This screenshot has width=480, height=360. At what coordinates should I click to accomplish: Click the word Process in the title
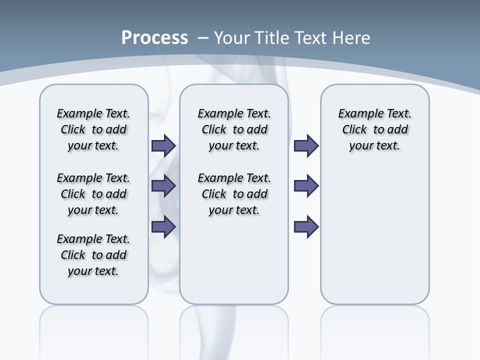(x=154, y=37)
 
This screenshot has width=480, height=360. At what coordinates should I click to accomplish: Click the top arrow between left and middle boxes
(x=163, y=145)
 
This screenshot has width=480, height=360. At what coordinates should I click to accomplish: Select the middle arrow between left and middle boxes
(x=163, y=186)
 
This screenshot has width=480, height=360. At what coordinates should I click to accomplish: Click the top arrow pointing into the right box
(x=306, y=145)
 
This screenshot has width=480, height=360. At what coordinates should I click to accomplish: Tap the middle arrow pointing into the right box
(x=306, y=186)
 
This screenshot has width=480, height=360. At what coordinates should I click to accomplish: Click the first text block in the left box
(x=93, y=129)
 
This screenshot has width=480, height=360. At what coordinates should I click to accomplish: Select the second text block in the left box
(x=93, y=194)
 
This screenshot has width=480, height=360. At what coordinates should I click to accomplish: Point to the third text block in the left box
(x=93, y=255)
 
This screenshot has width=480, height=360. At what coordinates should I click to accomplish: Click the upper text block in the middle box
(x=234, y=129)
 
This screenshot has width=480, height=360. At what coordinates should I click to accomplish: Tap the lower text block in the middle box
(x=234, y=194)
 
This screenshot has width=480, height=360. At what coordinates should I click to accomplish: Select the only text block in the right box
(x=374, y=129)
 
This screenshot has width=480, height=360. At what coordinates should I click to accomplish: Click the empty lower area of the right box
(x=374, y=240)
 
